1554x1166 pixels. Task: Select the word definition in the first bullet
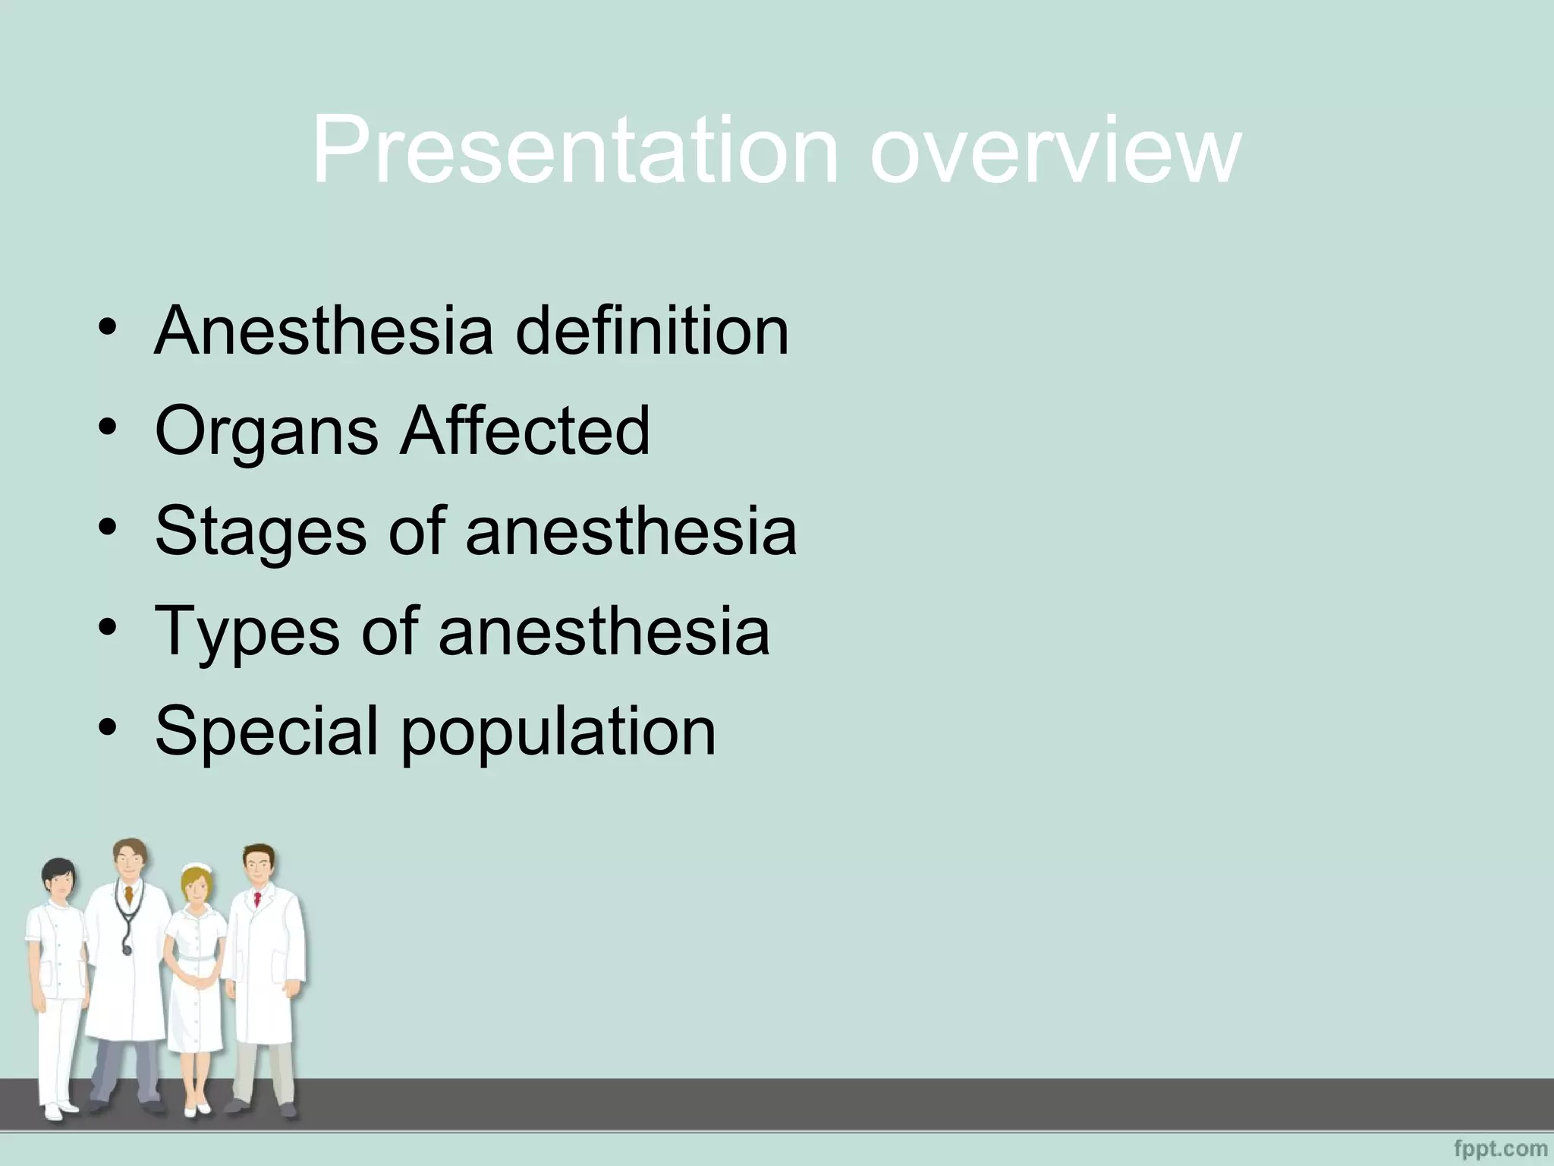click(x=652, y=330)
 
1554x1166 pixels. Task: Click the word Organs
click(x=266, y=431)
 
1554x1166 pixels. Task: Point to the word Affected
click(x=525, y=430)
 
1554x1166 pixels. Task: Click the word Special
click(x=266, y=731)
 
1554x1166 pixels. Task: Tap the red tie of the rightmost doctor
click(x=257, y=900)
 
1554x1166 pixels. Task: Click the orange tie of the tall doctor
click(x=131, y=895)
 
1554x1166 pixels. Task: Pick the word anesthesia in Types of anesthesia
click(x=603, y=632)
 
